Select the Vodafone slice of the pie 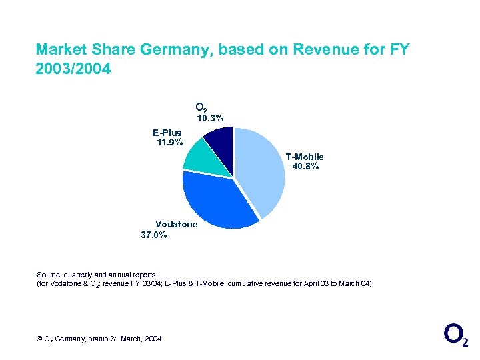217,200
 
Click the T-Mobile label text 305,157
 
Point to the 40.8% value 305,167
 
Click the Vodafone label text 176,225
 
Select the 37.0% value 154,235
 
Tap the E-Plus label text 167,133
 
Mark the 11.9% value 169,142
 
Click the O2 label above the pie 201,107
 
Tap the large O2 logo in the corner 455,335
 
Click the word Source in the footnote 49,275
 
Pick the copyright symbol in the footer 39,339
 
